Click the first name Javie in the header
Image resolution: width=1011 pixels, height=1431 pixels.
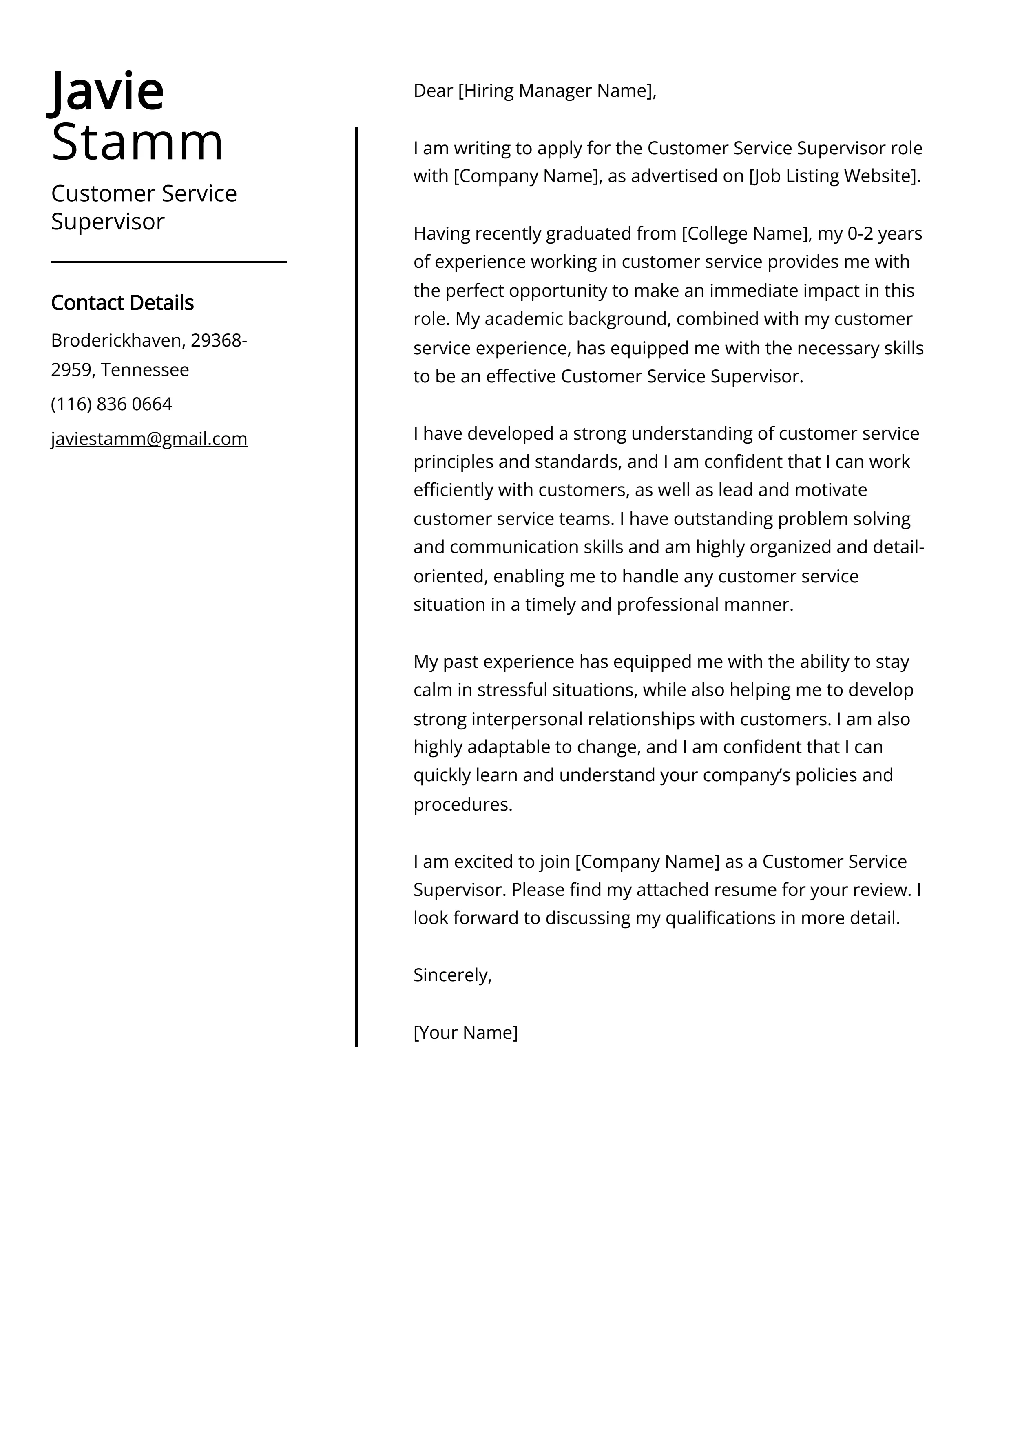[x=106, y=91]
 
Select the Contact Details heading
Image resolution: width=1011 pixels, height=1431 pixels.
[x=122, y=303]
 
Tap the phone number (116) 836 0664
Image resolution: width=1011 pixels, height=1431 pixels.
[x=111, y=404]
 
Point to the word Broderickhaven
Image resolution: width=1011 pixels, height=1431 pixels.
[x=117, y=340]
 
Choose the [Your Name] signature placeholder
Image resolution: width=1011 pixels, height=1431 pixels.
[x=465, y=1032]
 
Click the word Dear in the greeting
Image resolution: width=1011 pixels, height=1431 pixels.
[x=433, y=91]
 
